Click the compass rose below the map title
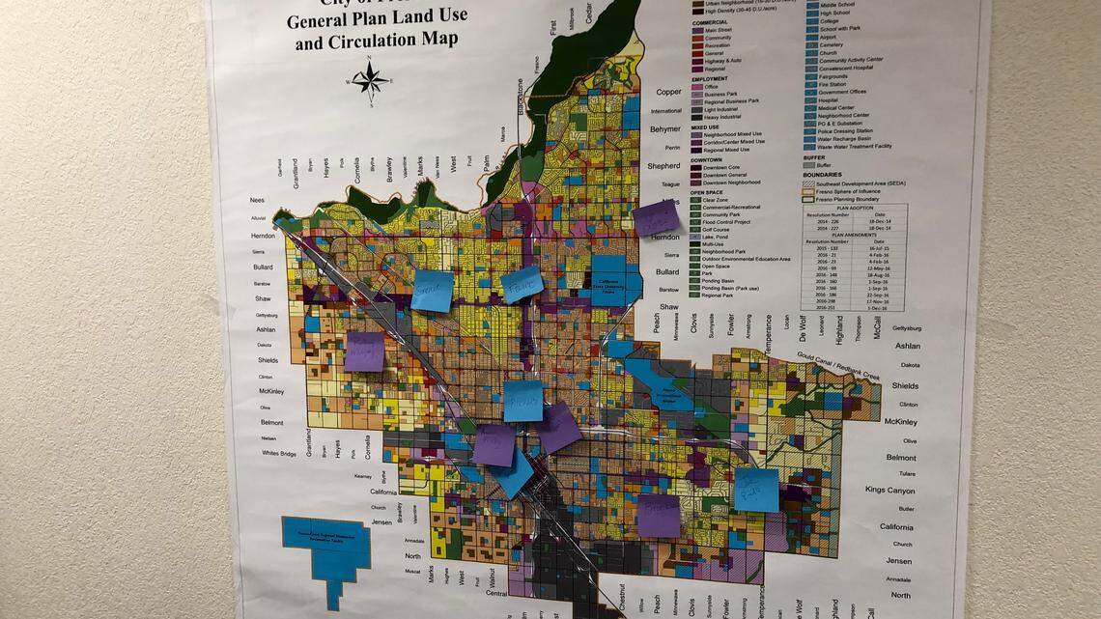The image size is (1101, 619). pos(370,80)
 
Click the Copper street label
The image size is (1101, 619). pos(668,93)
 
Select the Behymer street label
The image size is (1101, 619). pos(665,129)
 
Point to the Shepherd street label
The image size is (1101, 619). pos(663,166)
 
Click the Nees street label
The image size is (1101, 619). pos(256,201)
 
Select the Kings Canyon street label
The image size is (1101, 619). pos(889,491)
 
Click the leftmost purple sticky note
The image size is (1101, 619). pos(364,352)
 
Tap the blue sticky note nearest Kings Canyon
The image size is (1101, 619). pos(756,490)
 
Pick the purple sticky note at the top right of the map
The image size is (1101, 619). pos(657,218)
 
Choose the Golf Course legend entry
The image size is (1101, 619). pos(730,226)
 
